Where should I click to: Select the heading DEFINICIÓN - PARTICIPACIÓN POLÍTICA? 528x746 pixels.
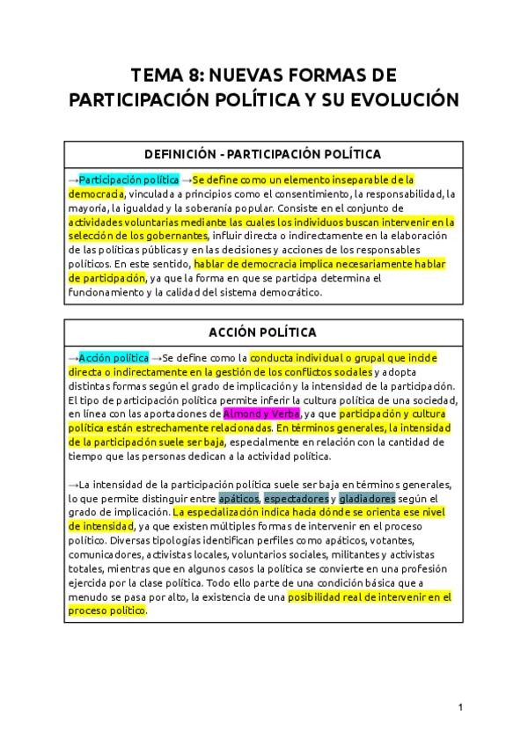point(263,154)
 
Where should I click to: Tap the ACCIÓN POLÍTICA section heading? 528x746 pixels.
point(263,332)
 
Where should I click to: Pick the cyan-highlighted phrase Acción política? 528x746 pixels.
point(114,358)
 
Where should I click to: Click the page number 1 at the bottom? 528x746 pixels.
point(459,707)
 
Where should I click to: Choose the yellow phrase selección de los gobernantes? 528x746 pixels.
point(138,236)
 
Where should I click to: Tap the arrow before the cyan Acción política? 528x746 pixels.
point(73,358)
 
